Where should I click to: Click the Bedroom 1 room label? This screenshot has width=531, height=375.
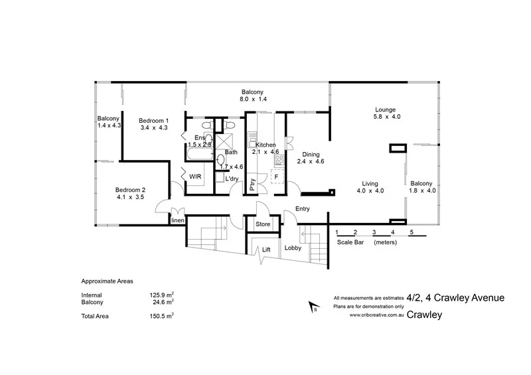(x=153, y=120)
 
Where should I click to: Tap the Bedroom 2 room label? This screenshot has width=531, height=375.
(x=129, y=188)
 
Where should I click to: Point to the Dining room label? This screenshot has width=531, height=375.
(x=310, y=154)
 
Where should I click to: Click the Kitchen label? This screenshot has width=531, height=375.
(x=265, y=144)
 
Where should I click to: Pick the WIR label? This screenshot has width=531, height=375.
(x=195, y=177)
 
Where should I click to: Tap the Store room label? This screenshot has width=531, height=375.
(x=264, y=225)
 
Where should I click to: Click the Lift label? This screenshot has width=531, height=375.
(x=266, y=250)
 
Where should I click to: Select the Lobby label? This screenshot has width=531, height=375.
(x=293, y=248)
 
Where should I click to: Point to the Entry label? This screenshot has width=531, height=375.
(x=303, y=208)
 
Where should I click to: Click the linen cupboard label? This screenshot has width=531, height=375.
(x=177, y=220)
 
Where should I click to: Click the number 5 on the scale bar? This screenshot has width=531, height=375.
(x=412, y=232)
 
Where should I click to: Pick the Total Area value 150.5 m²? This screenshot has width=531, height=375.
(x=162, y=316)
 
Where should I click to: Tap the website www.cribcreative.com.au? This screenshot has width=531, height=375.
(x=376, y=315)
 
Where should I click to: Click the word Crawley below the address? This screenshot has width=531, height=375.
(x=425, y=315)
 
